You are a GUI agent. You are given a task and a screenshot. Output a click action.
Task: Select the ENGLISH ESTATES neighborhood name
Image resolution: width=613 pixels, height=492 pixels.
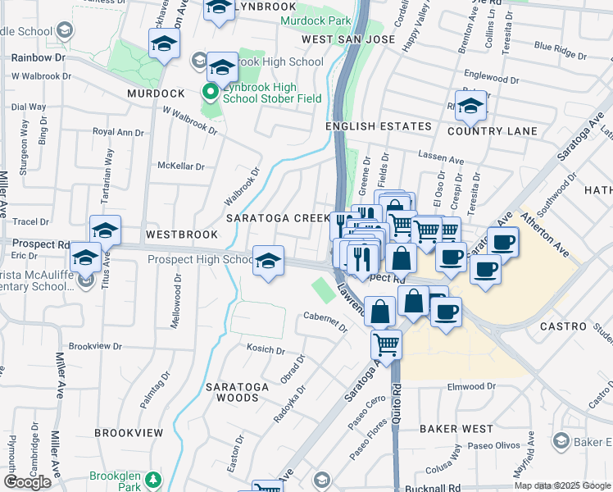click(x=378, y=126)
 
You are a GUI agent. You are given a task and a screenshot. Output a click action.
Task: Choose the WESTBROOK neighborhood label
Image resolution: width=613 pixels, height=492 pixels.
click(x=181, y=235)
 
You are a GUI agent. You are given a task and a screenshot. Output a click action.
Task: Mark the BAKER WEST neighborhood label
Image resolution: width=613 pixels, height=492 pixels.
click(x=456, y=429)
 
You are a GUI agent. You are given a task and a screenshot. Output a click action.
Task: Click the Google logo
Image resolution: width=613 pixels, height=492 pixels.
click(x=27, y=482)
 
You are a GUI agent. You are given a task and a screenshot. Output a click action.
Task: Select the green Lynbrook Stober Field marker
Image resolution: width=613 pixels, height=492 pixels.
click(x=211, y=91)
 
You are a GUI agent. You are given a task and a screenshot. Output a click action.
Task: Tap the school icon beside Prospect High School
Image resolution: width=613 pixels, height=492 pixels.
click(x=268, y=261)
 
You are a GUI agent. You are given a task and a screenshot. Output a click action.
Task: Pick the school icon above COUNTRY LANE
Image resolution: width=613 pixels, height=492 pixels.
click(x=470, y=107)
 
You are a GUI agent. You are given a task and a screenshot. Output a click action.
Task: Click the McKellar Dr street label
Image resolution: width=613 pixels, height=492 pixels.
click(x=181, y=166)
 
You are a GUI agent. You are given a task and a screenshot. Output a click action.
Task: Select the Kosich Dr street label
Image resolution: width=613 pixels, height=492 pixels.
click(x=265, y=349)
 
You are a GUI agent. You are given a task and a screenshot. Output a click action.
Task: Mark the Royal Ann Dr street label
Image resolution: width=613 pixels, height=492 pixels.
click(x=117, y=131)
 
